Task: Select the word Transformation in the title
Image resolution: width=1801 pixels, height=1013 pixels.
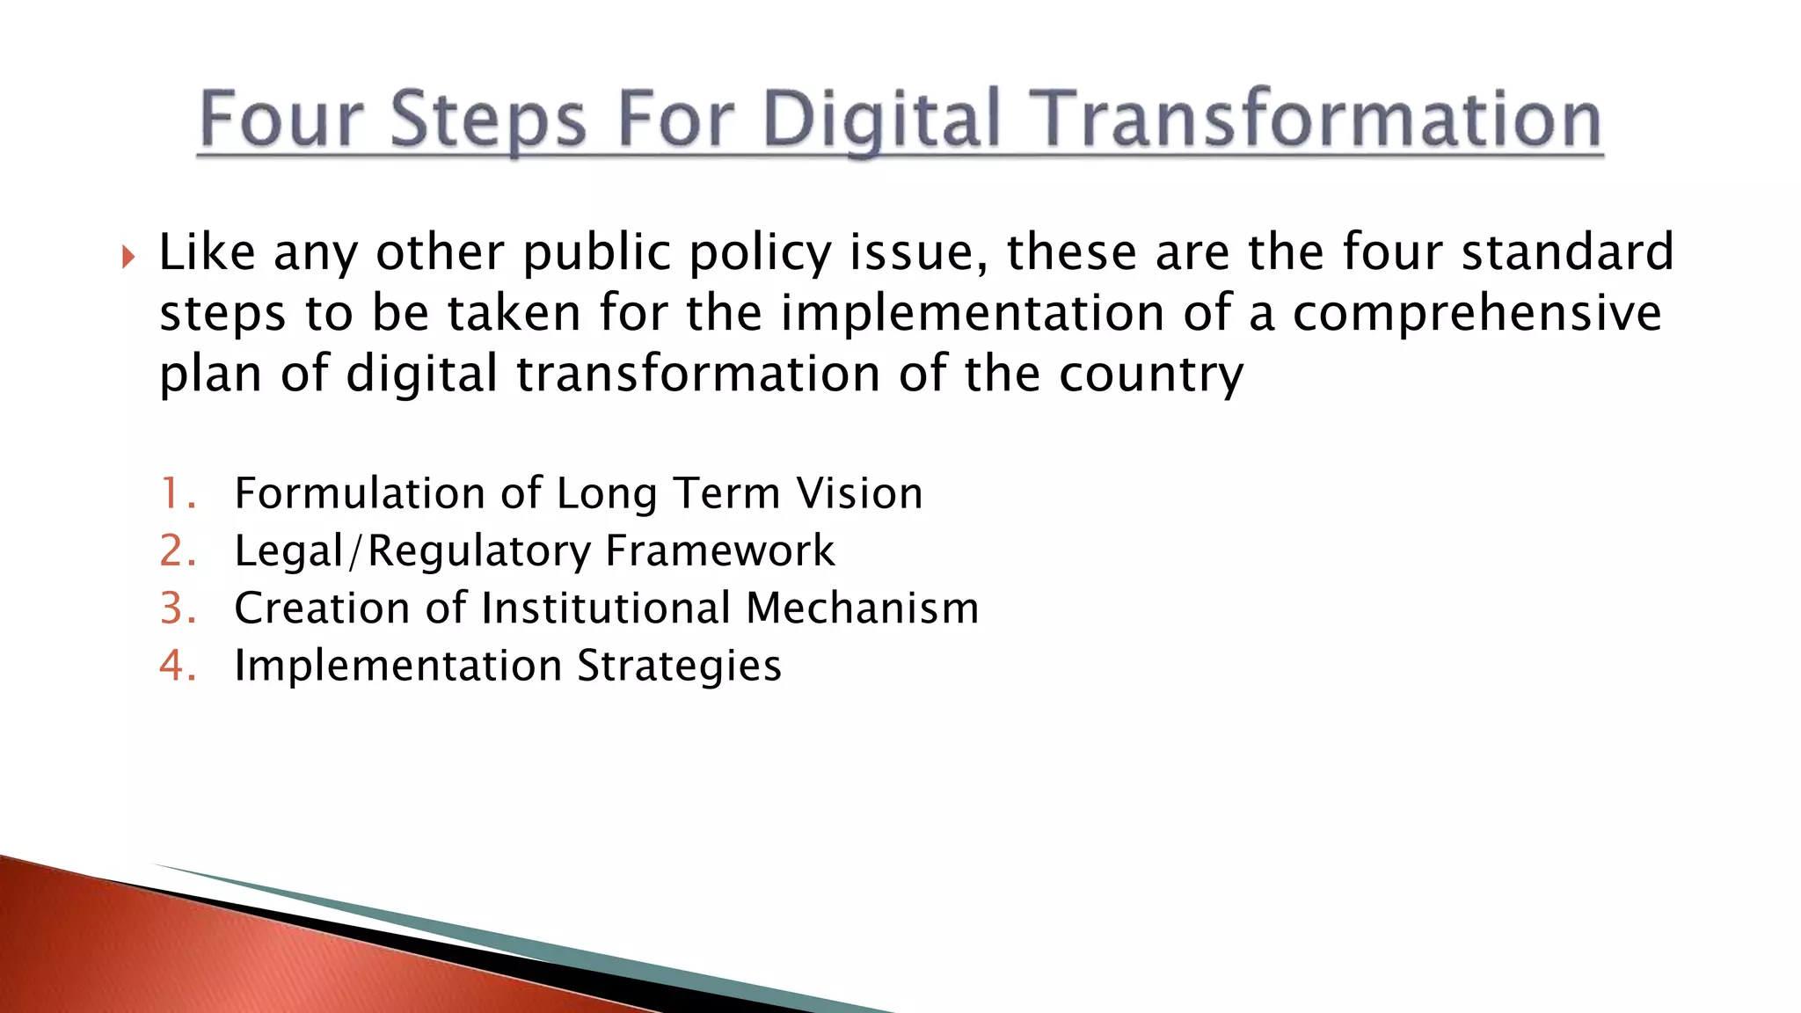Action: pyautogui.click(x=1315, y=120)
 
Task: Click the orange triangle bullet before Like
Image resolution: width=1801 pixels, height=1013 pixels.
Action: pyautogui.click(x=129, y=258)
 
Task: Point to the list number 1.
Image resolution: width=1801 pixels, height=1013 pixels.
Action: pyautogui.click(x=175, y=493)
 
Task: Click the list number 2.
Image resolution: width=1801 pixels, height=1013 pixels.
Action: pyautogui.click(x=175, y=551)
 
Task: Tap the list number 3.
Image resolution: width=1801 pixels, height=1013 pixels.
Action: pyautogui.click(x=175, y=609)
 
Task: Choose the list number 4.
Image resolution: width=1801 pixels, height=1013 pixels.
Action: pyautogui.click(x=175, y=666)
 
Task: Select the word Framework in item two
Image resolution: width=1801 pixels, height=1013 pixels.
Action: pyautogui.click(x=719, y=551)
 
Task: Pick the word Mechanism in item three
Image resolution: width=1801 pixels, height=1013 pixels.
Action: pyautogui.click(x=862, y=609)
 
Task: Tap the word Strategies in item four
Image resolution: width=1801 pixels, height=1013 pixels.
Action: pyautogui.click(x=679, y=666)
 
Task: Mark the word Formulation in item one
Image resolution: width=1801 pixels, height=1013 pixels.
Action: pyautogui.click(x=360, y=493)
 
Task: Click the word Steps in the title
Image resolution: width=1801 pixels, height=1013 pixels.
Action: pyautogui.click(x=487, y=120)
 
